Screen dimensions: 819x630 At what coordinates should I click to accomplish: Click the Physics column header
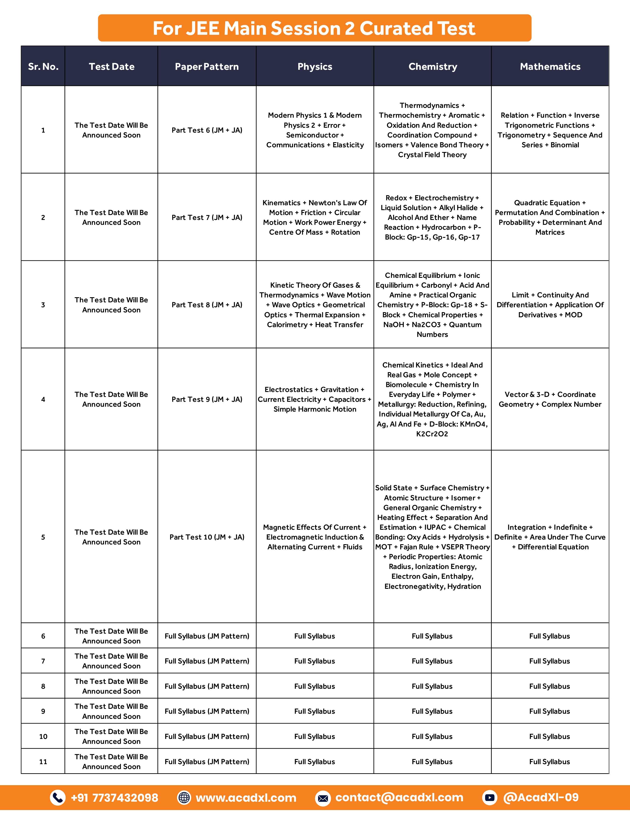pyautogui.click(x=315, y=67)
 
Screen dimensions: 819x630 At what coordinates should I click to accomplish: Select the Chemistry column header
pyautogui.click(x=432, y=67)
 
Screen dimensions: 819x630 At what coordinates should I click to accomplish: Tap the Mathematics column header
pyautogui.click(x=550, y=67)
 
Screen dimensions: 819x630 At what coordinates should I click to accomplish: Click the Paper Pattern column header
pyautogui.click(x=207, y=67)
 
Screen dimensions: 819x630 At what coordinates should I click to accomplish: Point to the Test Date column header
pyautogui.click(x=111, y=67)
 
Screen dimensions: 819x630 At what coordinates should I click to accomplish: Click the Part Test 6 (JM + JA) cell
pyautogui.click(x=207, y=130)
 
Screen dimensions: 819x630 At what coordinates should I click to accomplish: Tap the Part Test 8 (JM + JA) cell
pyautogui.click(x=207, y=305)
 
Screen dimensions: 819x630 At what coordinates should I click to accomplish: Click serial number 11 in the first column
pyautogui.click(x=43, y=762)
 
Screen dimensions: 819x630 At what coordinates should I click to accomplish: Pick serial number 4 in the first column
pyautogui.click(x=43, y=399)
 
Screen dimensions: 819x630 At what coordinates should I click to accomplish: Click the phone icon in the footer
pyautogui.click(x=58, y=798)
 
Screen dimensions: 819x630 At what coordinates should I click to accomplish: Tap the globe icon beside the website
pyautogui.click(x=184, y=798)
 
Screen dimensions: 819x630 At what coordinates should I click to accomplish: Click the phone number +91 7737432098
pyautogui.click(x=114, y=798)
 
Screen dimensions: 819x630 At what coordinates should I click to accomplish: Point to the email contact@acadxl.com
pyautogui.click(x=399, y=797)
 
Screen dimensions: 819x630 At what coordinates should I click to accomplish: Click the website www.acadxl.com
pyautogui.click(x=246, y=798)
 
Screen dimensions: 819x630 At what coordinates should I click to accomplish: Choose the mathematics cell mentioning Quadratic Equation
pyautogui.click(x=550, y=217)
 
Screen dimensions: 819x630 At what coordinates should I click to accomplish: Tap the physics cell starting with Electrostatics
pyautogui.click(x=315, y=399)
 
